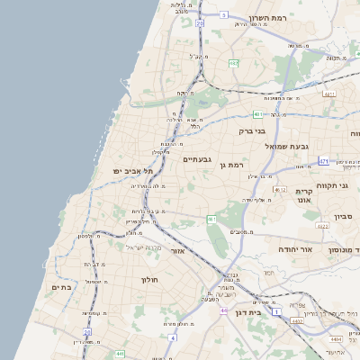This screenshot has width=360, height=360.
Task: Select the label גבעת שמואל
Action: pos(287,146)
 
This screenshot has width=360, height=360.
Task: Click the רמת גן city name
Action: pos(231,165)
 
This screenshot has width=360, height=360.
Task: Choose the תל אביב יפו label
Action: pos(133,171)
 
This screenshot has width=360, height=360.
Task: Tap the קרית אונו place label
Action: pos(303,197)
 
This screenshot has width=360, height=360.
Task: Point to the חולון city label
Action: pos(148,280)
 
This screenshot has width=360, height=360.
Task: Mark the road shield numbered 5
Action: pos(223,15)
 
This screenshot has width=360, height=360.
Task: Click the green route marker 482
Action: pos(233,63)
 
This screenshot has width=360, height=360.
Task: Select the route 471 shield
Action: pos(323,162)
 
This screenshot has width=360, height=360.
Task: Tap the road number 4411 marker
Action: pos(329,94)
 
